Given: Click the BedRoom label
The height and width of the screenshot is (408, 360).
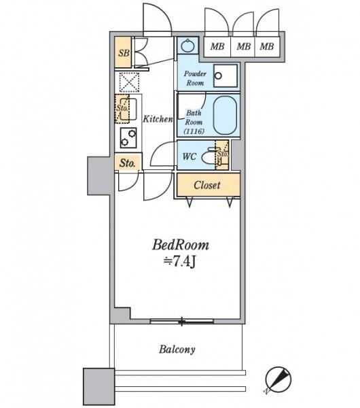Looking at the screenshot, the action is (181, 245).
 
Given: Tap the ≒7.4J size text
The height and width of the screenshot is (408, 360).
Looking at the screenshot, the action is (179, 262).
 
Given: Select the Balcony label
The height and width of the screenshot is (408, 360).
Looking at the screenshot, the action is (177, 350).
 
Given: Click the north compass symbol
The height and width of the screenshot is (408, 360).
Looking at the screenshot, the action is (278, 379).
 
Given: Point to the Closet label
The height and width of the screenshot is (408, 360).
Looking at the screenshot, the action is (207, 185).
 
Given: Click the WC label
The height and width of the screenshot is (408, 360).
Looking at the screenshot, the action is (190, 156).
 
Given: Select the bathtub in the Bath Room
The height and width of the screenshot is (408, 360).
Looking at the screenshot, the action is (225, 116).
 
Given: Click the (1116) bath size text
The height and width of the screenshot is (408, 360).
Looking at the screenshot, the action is (194, 131).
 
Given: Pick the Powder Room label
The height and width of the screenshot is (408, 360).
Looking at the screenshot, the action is (195, 78).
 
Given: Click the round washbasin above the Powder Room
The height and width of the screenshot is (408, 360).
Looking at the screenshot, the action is (187, 46).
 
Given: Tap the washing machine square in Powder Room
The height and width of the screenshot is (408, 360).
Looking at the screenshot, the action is (226, 75).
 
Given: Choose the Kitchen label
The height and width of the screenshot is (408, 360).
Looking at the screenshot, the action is (158, 119).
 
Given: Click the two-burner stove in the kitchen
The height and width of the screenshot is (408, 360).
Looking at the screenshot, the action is (128, 137).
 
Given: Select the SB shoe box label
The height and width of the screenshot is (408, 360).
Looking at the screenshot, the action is (124, 53).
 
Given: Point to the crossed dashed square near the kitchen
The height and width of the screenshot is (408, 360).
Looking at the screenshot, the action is (129, 82).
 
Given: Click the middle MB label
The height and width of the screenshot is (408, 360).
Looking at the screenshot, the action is (244, 46).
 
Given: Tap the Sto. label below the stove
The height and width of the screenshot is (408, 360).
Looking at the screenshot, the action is (128, 163).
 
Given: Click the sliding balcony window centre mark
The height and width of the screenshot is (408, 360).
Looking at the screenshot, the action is (181, 322).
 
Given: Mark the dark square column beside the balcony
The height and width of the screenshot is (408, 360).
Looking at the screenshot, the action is (98, 386).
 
